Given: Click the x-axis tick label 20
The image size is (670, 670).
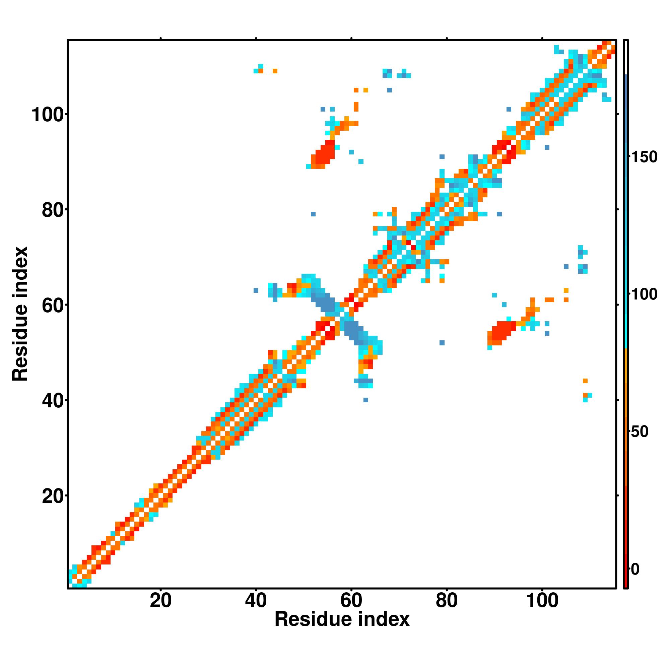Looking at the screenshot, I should click(x=160, y=601).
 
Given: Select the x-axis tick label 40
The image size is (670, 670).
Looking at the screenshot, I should click(x=256, y=601).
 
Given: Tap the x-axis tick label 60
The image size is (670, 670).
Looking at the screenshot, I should click(x=351, y=601).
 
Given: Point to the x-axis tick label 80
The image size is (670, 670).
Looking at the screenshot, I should click(x=447, y=601).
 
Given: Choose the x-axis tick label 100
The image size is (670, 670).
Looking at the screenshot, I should click(x=542, y=601).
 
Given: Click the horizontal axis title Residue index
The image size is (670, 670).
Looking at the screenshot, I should click(x=342, y=619).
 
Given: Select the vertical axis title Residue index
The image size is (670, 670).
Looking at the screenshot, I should click(x=20, y=314).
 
